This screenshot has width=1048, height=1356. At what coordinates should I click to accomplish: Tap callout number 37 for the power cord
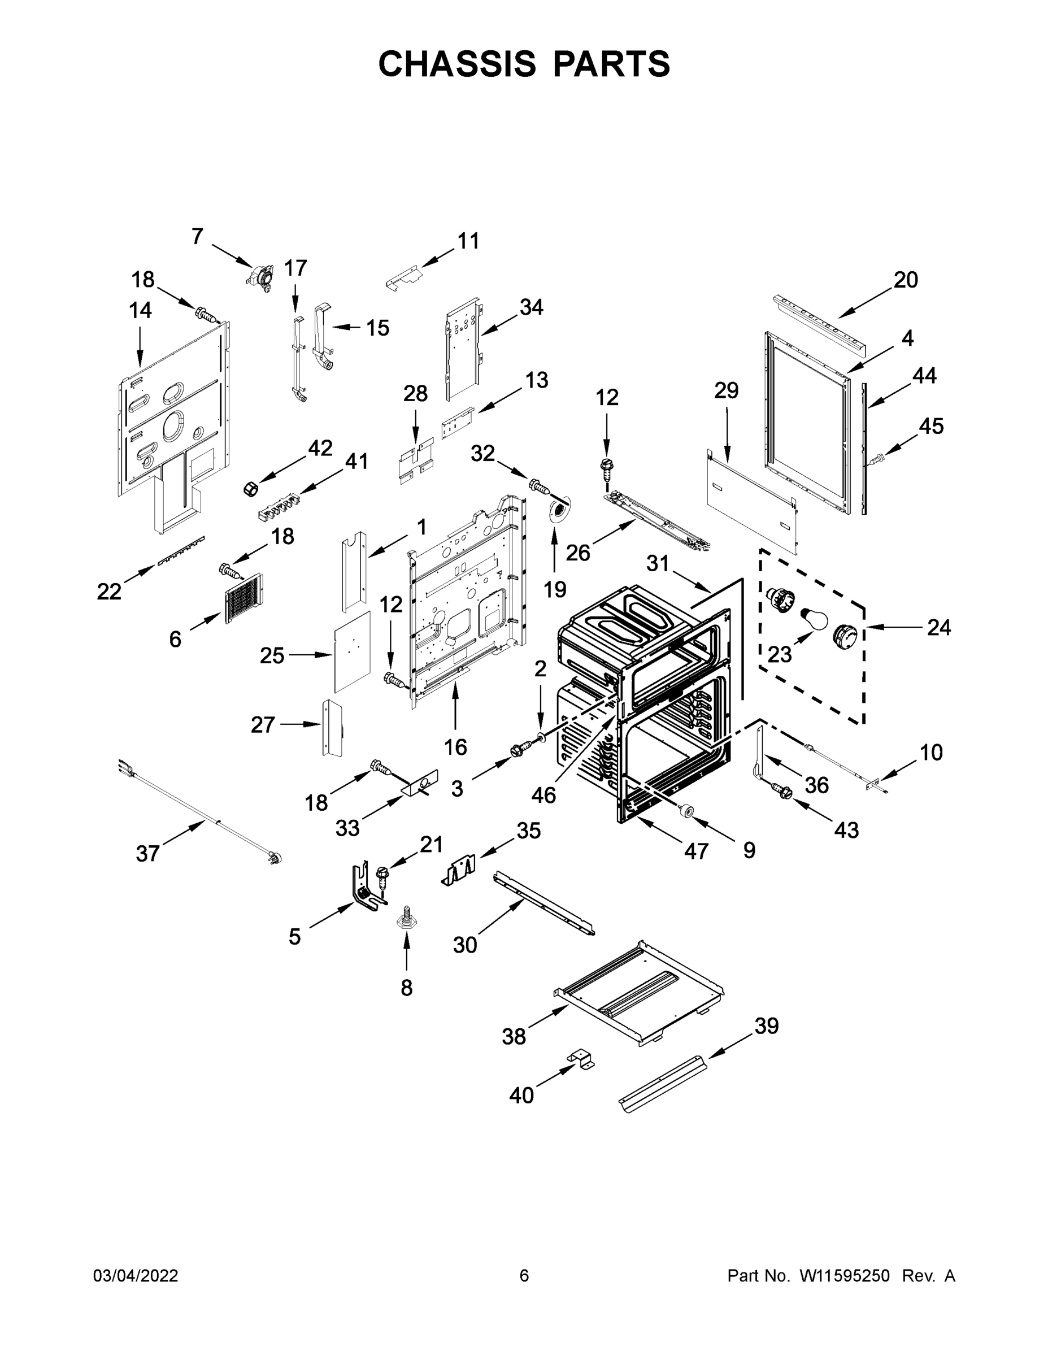(x=148, y=854)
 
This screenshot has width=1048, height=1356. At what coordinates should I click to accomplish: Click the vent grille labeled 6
(x=243, y=597)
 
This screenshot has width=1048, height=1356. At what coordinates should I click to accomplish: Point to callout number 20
(x=906, y=280)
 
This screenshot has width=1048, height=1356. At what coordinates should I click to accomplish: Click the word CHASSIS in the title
(x=458, y=64)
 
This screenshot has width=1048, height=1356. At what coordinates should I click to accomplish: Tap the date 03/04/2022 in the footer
(x=136, y=1276)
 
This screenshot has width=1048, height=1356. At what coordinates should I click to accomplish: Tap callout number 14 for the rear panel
(x=140, y=310)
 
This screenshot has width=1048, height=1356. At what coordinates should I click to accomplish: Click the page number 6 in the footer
(x=524, y=1276)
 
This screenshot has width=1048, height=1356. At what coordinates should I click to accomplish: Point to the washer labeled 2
(x=540, y=737)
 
